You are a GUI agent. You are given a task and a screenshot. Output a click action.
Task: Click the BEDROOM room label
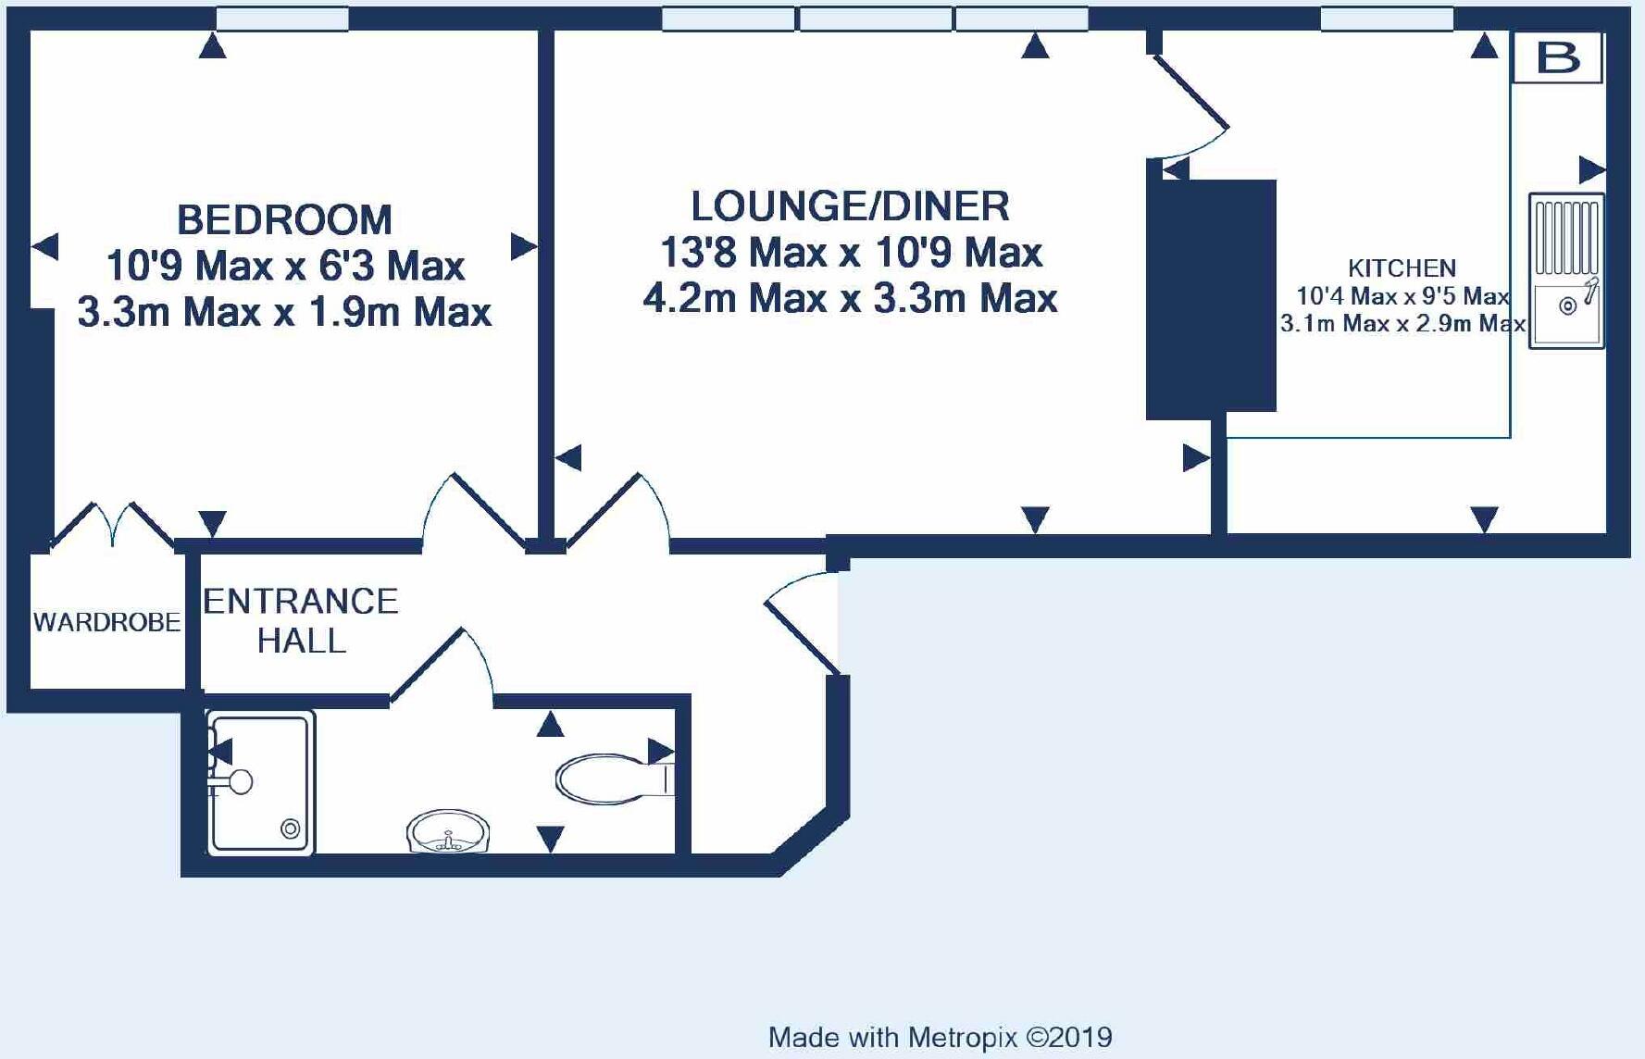point(284,220)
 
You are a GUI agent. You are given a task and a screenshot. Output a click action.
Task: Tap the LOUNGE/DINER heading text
point(850,206)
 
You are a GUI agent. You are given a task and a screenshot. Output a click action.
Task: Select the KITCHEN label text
point(1402,268)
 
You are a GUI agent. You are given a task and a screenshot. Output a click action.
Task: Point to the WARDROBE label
point(106,622)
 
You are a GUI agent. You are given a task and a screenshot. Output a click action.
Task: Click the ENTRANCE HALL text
point(301,621)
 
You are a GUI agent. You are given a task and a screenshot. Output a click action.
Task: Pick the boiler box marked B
point(1558,57)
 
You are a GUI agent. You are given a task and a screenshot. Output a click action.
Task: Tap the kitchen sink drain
point(1568,305)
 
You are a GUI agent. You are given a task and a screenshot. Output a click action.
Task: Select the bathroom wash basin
point(448,831)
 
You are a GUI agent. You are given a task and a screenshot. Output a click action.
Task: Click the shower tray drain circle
point(291,829)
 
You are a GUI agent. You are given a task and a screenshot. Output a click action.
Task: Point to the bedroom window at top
point(282,19)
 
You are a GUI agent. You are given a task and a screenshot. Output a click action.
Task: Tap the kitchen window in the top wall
point(1387,19)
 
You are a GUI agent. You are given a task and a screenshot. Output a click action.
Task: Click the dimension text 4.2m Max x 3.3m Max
point(850,298)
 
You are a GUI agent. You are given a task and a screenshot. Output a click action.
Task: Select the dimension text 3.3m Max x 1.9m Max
point(284,312)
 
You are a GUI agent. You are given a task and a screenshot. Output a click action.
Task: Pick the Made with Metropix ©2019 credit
point(941,1038)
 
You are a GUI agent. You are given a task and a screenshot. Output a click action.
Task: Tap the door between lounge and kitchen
point(1190,106)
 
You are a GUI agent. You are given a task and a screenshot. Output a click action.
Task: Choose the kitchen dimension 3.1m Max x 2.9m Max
point(1402,324)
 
